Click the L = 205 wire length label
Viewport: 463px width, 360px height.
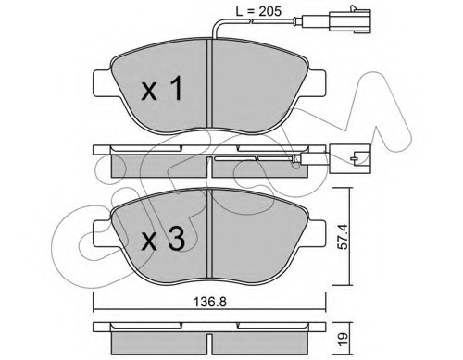pos(258,11)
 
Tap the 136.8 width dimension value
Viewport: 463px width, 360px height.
pos(209,302)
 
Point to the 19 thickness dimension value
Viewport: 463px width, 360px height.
pos(343,340)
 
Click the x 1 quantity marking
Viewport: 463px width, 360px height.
pos(162,89)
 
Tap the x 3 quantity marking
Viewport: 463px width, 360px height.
pos(163,239)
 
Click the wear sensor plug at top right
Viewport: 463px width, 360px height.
pos(350,21)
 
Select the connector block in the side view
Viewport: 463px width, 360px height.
pos(350,158)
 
